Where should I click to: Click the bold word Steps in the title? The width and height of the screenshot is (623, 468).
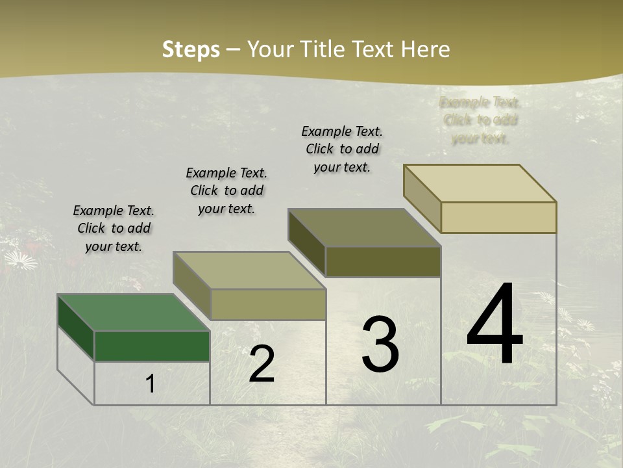coord(191,49)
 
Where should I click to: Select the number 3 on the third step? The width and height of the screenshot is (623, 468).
coord(380,344)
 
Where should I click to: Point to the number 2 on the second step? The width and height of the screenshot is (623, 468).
coord(262,364)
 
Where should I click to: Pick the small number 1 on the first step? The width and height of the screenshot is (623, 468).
coord(151,384)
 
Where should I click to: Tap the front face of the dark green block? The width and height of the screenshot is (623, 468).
coord(152,346)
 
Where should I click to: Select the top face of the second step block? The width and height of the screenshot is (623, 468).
coord(249,270)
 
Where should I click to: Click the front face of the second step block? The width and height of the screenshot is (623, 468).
coord(268,304)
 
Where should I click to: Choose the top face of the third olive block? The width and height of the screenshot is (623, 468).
coord(365,227)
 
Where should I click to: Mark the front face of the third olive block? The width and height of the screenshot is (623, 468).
coord(383,261)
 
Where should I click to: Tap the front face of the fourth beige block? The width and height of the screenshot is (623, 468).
coord(498,217)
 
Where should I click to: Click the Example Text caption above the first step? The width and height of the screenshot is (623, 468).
coord(114,228)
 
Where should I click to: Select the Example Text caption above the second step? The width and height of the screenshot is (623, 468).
coord(226,190)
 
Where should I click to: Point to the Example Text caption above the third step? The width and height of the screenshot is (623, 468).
coord(342,149)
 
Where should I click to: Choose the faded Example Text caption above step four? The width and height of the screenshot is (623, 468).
coord(480,120)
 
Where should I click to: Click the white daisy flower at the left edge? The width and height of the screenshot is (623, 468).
coord(21,260)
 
